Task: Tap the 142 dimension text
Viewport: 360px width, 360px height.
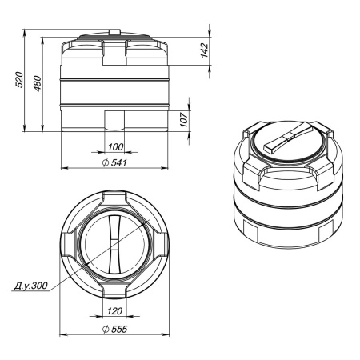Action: pyautogui.click(x=204, y=50)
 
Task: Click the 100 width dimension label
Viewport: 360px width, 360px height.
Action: pyautogui.click(x=116, y=147)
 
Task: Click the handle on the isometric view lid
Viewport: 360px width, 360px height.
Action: pyautogui.click(x=286, y=145)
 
